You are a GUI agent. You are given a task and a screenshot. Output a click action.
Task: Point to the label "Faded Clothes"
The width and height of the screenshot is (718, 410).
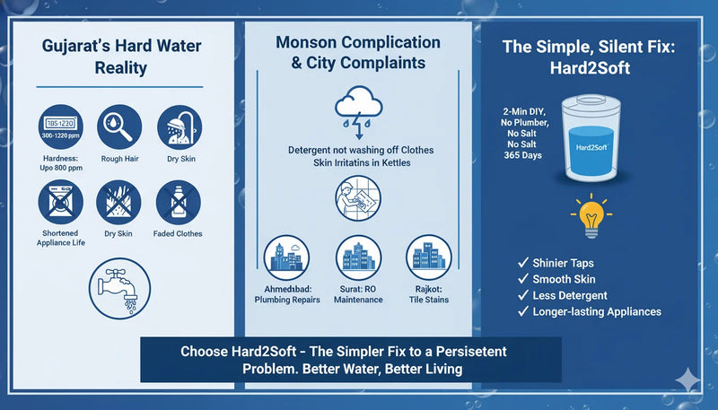(x=178, y=234)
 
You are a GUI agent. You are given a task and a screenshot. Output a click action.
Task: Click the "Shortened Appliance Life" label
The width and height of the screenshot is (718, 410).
(x=59, y=239)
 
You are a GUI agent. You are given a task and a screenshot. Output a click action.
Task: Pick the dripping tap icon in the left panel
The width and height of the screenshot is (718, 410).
(x=119, y=289)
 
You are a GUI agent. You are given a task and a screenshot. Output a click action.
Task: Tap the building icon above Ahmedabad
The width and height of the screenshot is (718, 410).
(x=289, y=258)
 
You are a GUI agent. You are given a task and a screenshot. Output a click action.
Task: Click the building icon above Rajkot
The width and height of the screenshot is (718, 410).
(x=427, y=258)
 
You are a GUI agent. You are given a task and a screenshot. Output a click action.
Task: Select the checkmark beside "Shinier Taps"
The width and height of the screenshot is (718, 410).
(x=522, y=263)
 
